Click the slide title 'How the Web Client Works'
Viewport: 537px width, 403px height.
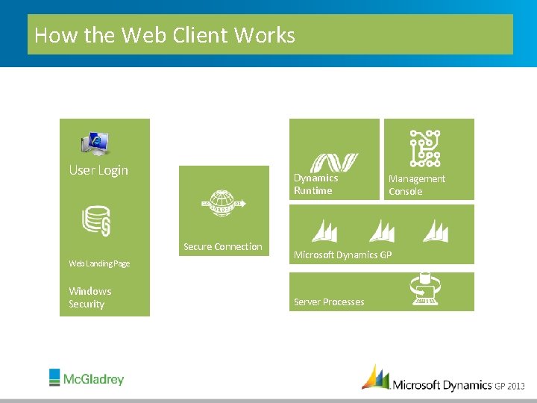point(165,35)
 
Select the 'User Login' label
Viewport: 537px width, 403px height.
point(98,170)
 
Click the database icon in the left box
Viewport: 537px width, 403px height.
point(96,221)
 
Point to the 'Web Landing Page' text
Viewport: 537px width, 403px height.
point(99,263)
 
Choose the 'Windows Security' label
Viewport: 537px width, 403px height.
point(89,297)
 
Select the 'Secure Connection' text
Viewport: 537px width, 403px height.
point(223,247)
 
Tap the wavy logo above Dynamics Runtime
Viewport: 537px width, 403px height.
point(333,163)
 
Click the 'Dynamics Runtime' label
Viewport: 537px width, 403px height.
point(315,184)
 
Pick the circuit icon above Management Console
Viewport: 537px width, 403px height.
point(424,148)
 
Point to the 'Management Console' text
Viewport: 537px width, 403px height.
point(416,185)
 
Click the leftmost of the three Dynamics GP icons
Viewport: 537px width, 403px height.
point(326,231)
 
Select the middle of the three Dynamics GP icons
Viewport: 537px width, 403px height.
point(382,231)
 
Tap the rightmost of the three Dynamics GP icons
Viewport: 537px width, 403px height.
point(436,231)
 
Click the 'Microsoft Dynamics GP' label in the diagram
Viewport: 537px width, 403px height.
point(342,255)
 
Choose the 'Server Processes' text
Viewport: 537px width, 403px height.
point(329,302)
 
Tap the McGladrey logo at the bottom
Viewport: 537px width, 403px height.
point(87,378)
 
